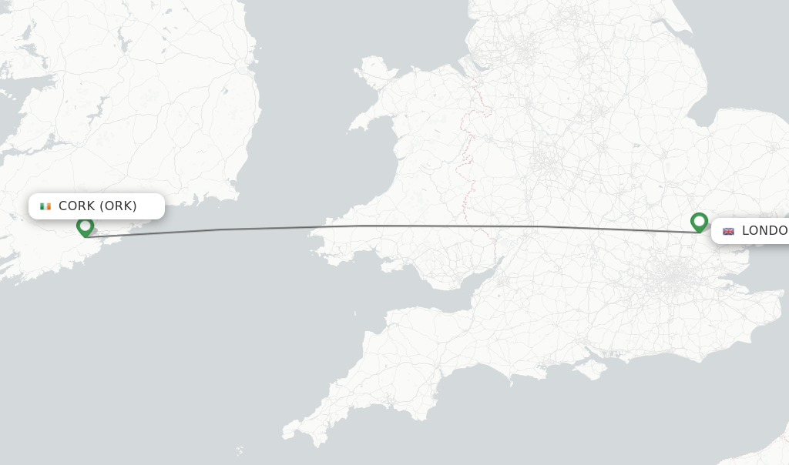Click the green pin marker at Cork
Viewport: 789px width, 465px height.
(85, 226)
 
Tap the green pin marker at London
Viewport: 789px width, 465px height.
(699, 222)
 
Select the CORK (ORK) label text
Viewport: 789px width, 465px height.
(98, 206)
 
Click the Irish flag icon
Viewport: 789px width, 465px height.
(45, 206)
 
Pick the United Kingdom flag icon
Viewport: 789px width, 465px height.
(728, 231)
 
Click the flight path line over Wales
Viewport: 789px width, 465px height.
(401, 226)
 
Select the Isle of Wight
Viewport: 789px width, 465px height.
(592, 369)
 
